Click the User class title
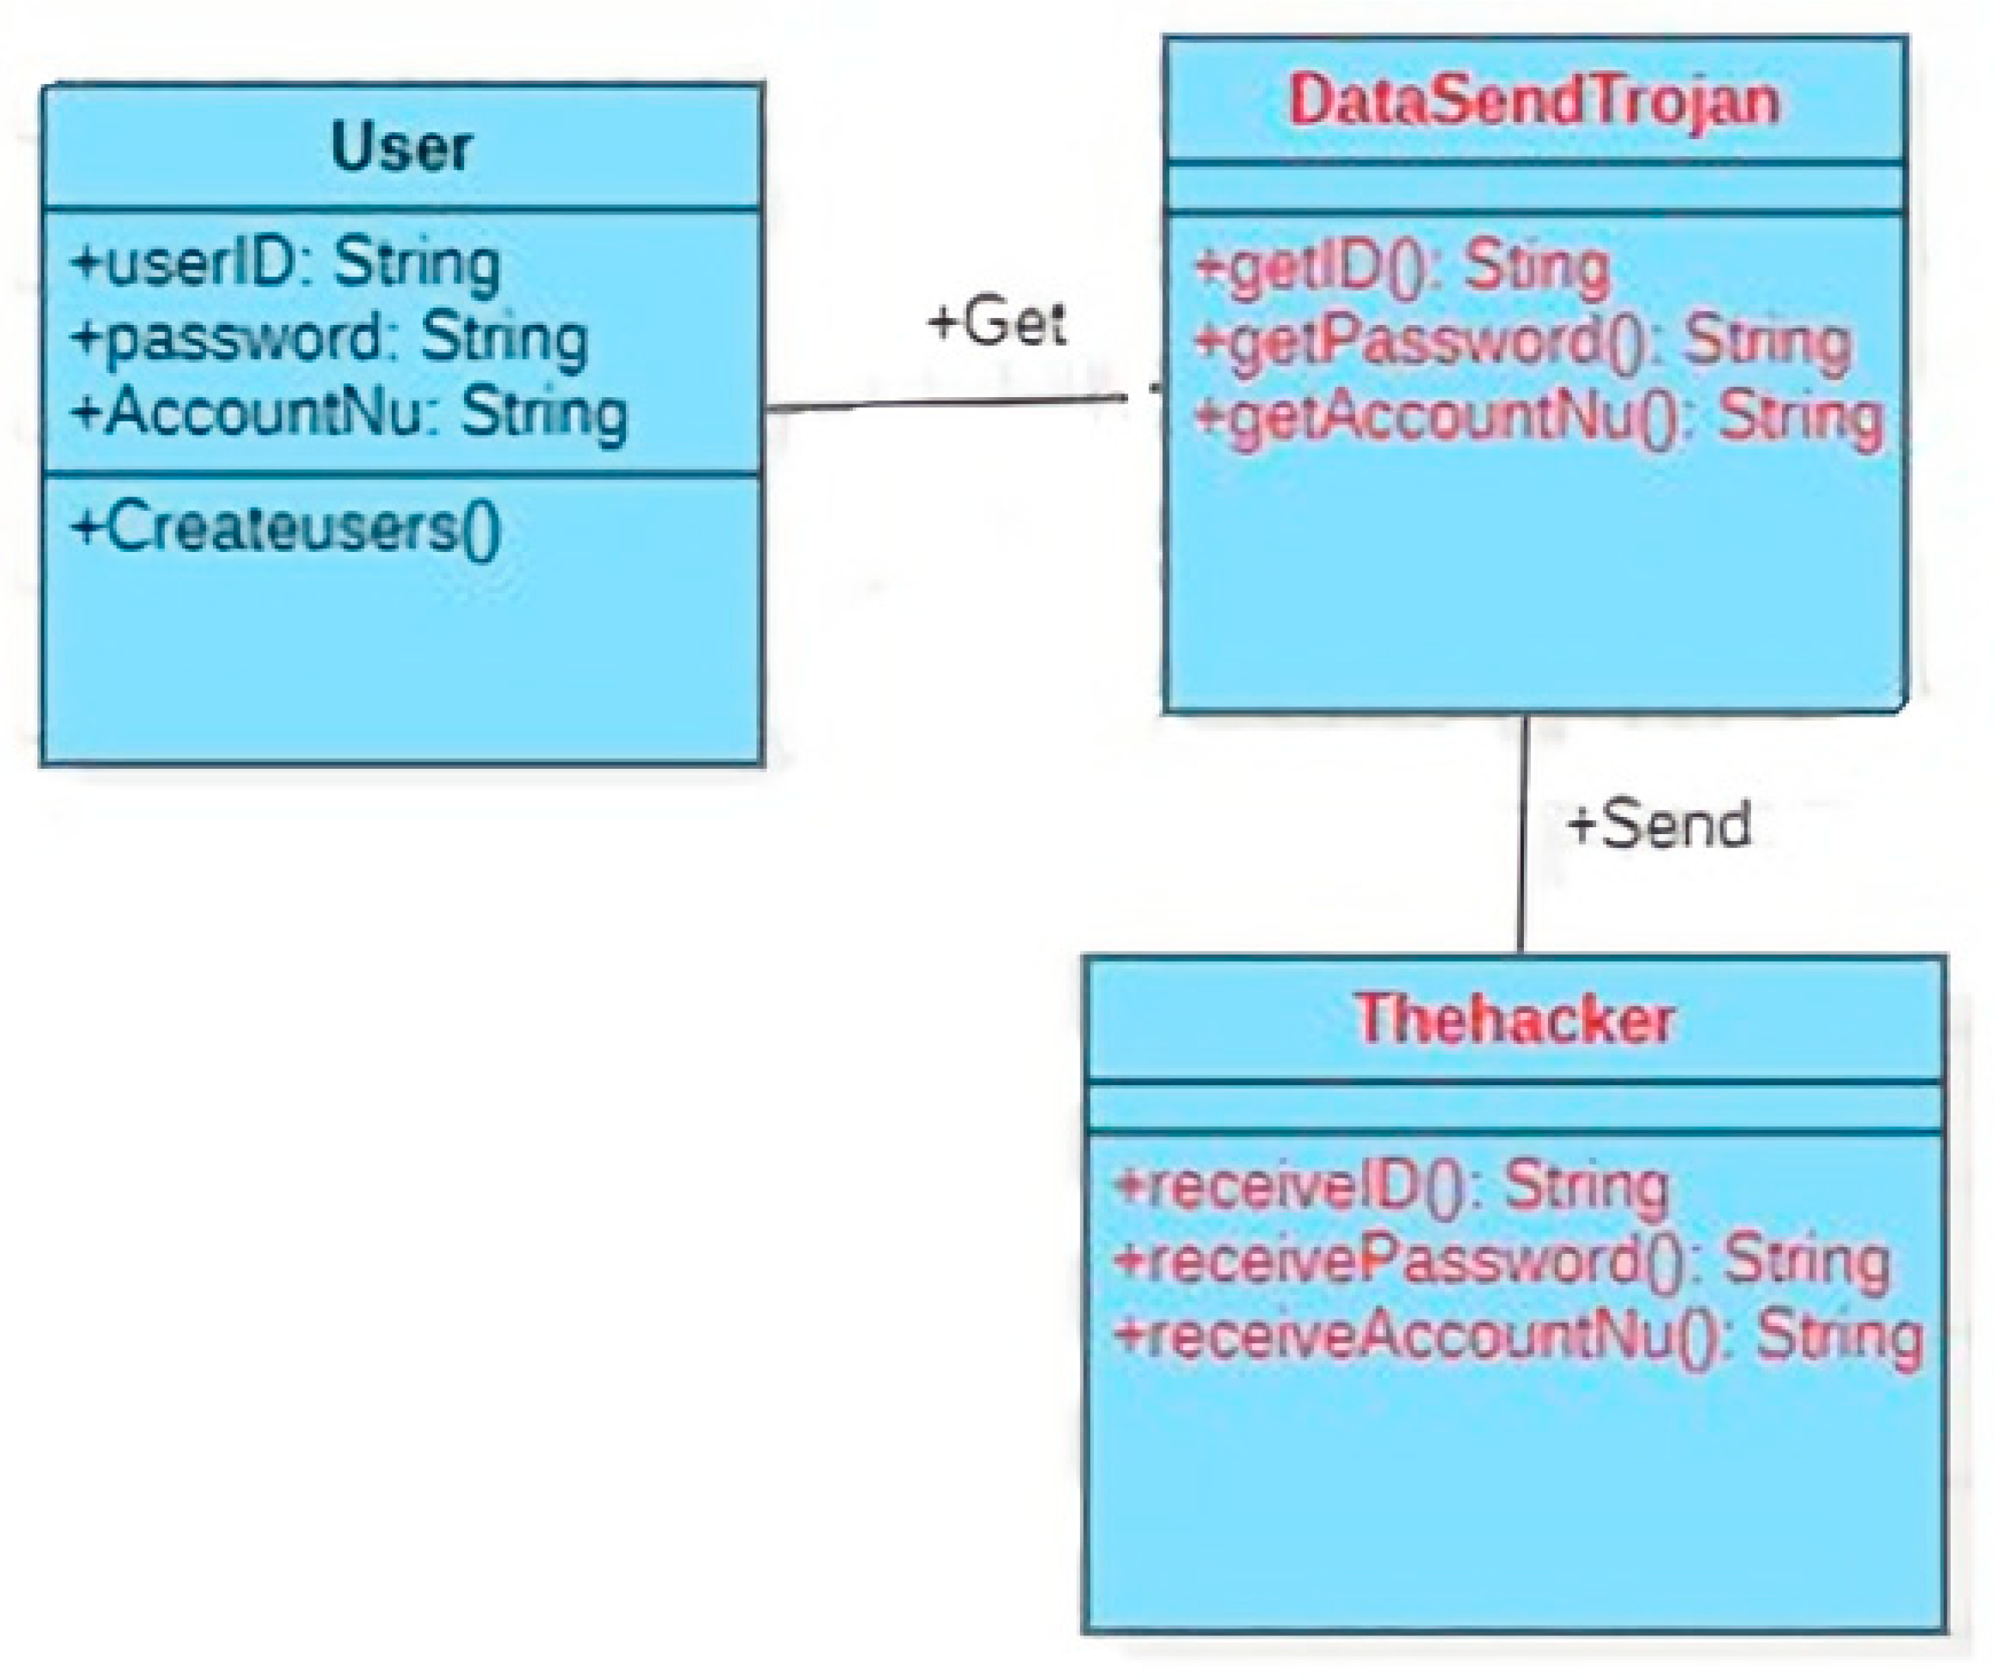[x=400, y=147]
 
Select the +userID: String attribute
[x=285, y=264]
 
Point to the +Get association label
[x=997, y=322]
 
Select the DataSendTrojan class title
[x=1533, y=100]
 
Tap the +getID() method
[x=1400, y=266]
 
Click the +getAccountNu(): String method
[x=1537, y=416]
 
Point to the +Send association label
[x=1658, y=824]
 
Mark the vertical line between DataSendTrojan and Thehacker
[x=1522, y=838]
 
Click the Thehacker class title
[x=1514, y=1019]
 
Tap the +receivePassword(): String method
[x=1501, y=1260]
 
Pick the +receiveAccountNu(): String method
[x=1517, y=1335]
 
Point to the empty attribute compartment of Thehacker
[x=1514, y=1108]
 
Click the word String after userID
[x=416, y=264]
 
